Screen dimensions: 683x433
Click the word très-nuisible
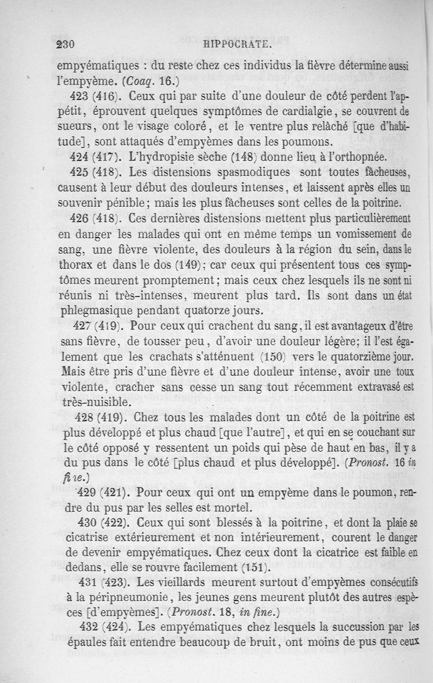[96, 403]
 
